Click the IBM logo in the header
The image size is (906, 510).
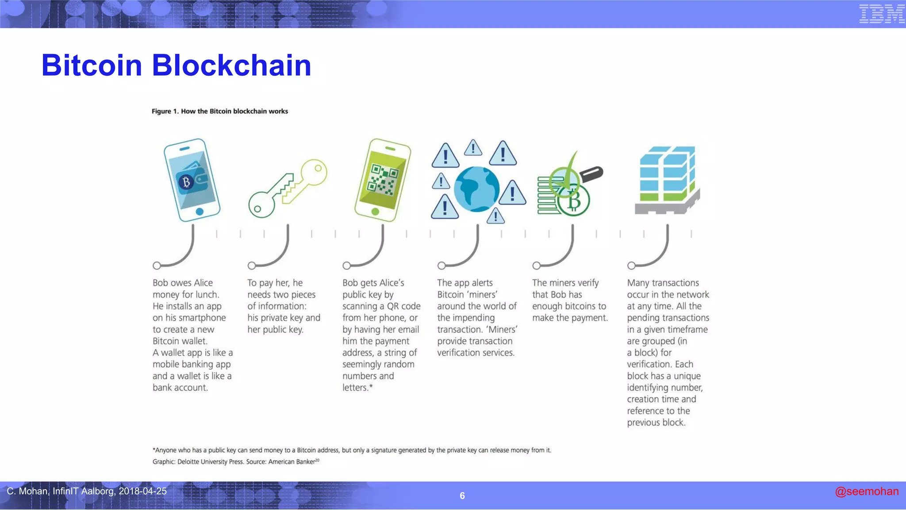point(881,14)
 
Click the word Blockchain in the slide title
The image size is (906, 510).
point(231,66)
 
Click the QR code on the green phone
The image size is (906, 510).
point(383,179)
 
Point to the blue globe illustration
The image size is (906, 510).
point(476,189)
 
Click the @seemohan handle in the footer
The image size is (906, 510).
point(866,491)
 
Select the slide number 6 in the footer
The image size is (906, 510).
point(462,496)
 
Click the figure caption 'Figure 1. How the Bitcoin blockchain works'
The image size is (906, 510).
point(219,111)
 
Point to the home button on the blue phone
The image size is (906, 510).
point(200,212)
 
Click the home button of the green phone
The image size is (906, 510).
point(375,212)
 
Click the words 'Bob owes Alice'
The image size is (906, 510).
point(182,283)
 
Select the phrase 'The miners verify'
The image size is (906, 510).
point(565,283)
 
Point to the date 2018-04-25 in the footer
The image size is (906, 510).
point(142,491)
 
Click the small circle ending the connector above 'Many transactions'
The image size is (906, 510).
point(631,266)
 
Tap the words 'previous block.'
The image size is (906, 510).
point(656,423)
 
